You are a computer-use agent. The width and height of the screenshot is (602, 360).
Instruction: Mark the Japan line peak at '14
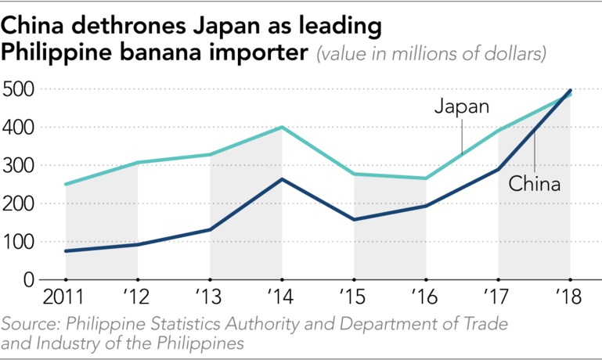(283, 128)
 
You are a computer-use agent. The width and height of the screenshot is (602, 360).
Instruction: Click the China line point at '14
(283, 179)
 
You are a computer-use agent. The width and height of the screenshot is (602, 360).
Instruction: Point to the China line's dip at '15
(355, 219)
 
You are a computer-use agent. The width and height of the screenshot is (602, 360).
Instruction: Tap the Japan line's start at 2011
(66, 185)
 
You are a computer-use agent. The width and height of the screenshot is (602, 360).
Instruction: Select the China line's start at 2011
(66, 251)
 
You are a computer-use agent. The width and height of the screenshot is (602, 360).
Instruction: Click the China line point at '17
(499, 169)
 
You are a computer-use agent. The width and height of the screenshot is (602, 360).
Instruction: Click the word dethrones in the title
(131, 27)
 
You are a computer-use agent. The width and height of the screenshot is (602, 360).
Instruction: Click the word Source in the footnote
(28, 324)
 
